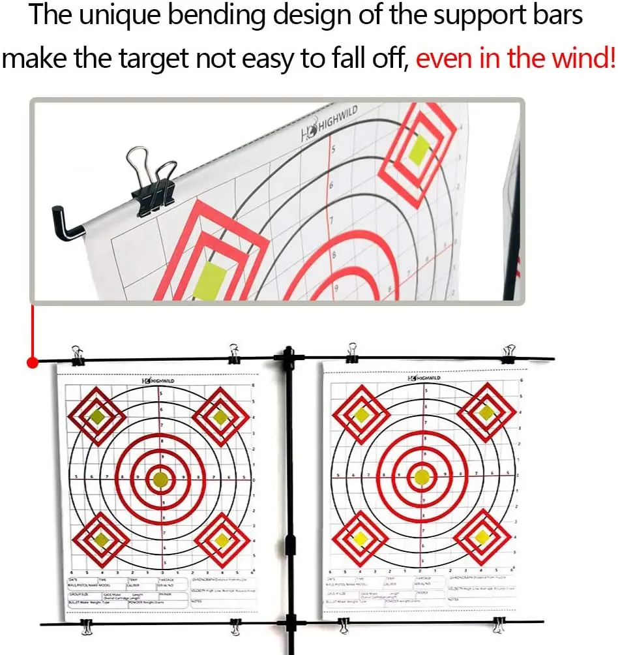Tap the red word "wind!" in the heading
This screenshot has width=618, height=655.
pyautogui.click(x=584, y=59)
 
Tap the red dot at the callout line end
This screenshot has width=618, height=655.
pyautogui.click(x=31, y=363)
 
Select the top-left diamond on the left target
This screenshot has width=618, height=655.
pyautogui.click(x=97, y=416)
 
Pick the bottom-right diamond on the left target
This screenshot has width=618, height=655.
pyautogui.click(x=222, y=540)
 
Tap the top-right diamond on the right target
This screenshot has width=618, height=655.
pyautogui.click(x=486, y=412)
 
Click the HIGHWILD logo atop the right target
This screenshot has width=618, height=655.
pyautogui.click(x=424, y=378)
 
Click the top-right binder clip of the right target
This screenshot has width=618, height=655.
pyautogui.click(x=508, y=354)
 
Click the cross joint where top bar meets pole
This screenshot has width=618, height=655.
pyautogui.click(x=287, y=358)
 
